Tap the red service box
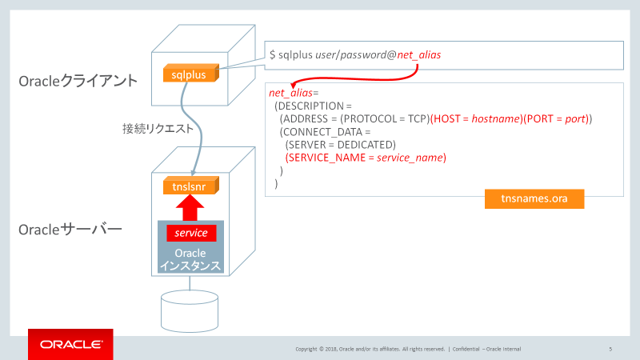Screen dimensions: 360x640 (x=191, y=233)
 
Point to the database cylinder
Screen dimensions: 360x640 (x=190, y=307)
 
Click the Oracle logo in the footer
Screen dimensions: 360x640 (x=70, y=345)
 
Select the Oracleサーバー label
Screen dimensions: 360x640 (x=70, y=230)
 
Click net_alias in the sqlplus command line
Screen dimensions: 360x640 (x=418, y=54)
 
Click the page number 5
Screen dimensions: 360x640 (x=610, y=349)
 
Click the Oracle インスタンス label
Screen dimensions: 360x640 (x=190, y=259)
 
